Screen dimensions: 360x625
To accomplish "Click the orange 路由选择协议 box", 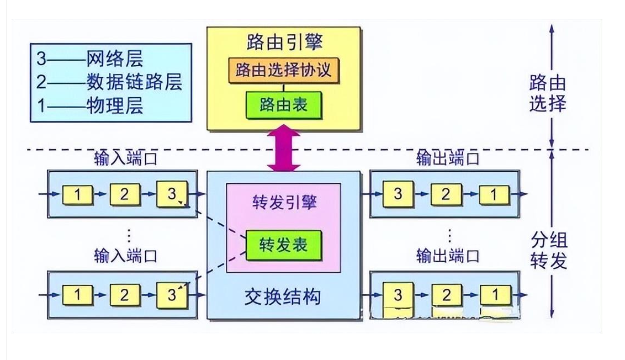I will coord(283,71).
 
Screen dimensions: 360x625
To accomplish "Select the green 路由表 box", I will coord(283,104).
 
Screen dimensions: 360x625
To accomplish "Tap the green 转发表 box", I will coord(283,245).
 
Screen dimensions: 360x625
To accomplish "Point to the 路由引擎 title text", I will coord(283,43).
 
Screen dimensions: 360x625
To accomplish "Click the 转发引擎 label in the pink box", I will coord(283,203).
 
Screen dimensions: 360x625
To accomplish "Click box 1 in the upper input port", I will coord(78,194).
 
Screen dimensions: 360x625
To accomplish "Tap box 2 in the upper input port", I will coord(125,194).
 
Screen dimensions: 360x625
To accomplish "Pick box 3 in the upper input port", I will coord(172,194).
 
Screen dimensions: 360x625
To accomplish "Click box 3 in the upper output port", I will coord(398,194).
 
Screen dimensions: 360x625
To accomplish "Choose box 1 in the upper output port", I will coord(494,194).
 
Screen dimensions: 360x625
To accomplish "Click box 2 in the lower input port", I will coord(125,295).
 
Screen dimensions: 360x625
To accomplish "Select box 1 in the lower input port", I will coord(78,295).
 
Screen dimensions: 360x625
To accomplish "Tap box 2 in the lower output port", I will coord(446,295).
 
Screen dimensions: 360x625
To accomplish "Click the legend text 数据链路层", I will coord(134,82).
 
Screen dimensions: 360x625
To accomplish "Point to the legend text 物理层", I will coord(115,105).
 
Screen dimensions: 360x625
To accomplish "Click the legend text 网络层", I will coord(115,59).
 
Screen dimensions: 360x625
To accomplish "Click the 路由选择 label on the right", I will coord(548,93).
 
